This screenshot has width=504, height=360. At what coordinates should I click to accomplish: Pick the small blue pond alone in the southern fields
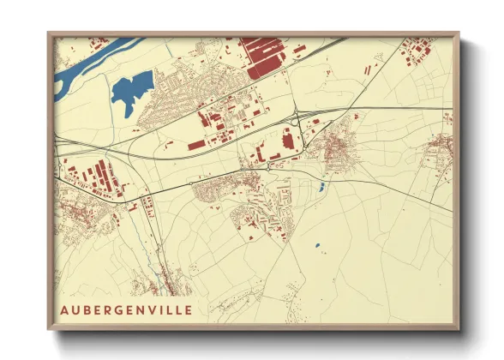(x=316, y=246)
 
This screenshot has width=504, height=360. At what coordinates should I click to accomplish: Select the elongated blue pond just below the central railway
(x=321, y=186)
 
